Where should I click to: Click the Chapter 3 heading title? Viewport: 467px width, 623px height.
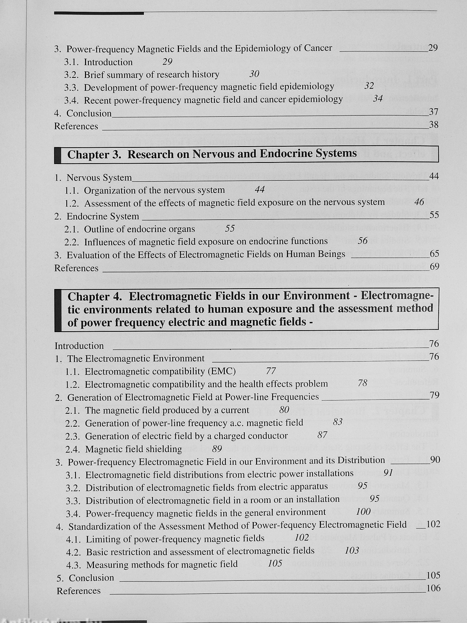(212, 154)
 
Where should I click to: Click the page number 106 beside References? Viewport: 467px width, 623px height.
(433, 588)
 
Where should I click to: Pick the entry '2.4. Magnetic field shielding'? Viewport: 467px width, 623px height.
(124, 449)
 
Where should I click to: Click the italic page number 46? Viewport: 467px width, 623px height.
(419, 202)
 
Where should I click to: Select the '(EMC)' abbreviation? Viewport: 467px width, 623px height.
(222, 371)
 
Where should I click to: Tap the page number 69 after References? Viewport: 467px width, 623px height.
(434, 267)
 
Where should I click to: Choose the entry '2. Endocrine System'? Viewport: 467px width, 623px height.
(97, 216)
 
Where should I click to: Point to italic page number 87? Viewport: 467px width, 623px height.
(322, 435)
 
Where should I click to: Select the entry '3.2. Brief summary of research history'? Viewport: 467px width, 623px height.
(142, 75)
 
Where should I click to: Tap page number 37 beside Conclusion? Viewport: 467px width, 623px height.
(434, 112)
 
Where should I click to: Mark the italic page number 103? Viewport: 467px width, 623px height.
(352, 550)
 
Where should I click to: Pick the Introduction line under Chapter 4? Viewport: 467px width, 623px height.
(79, 346)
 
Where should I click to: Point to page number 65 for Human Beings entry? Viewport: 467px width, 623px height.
(434, 254)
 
